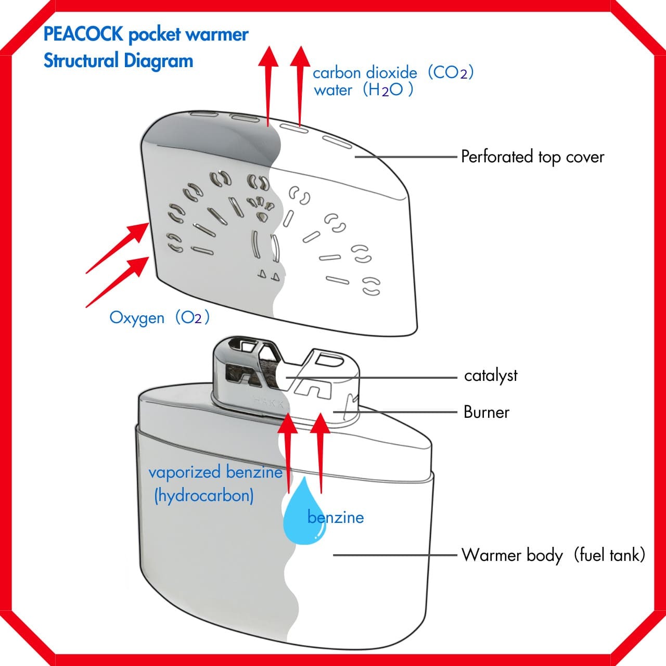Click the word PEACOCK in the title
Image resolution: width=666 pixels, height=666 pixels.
point(83,34)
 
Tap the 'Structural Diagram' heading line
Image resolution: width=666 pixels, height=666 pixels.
point(118,61)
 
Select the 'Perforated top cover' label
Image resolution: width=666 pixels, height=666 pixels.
point(532,157)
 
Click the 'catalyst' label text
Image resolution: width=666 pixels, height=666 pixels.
point(491,376)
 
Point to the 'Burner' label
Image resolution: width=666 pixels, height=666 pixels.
point(486,412)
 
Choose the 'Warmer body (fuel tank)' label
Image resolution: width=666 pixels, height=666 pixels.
point(553,555)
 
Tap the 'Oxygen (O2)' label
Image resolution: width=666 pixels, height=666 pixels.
point(159,317)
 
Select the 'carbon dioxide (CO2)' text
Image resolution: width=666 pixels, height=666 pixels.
point(393,72)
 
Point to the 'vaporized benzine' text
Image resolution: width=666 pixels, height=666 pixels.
point(215,472)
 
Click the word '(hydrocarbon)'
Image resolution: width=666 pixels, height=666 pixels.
point(204,495)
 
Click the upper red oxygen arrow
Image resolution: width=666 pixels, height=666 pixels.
point(119,247)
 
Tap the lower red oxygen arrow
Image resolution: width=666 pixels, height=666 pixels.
point(119,281)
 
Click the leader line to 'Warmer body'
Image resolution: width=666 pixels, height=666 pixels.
point(395,555)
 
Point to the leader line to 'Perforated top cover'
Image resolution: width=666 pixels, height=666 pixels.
point(406,156)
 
